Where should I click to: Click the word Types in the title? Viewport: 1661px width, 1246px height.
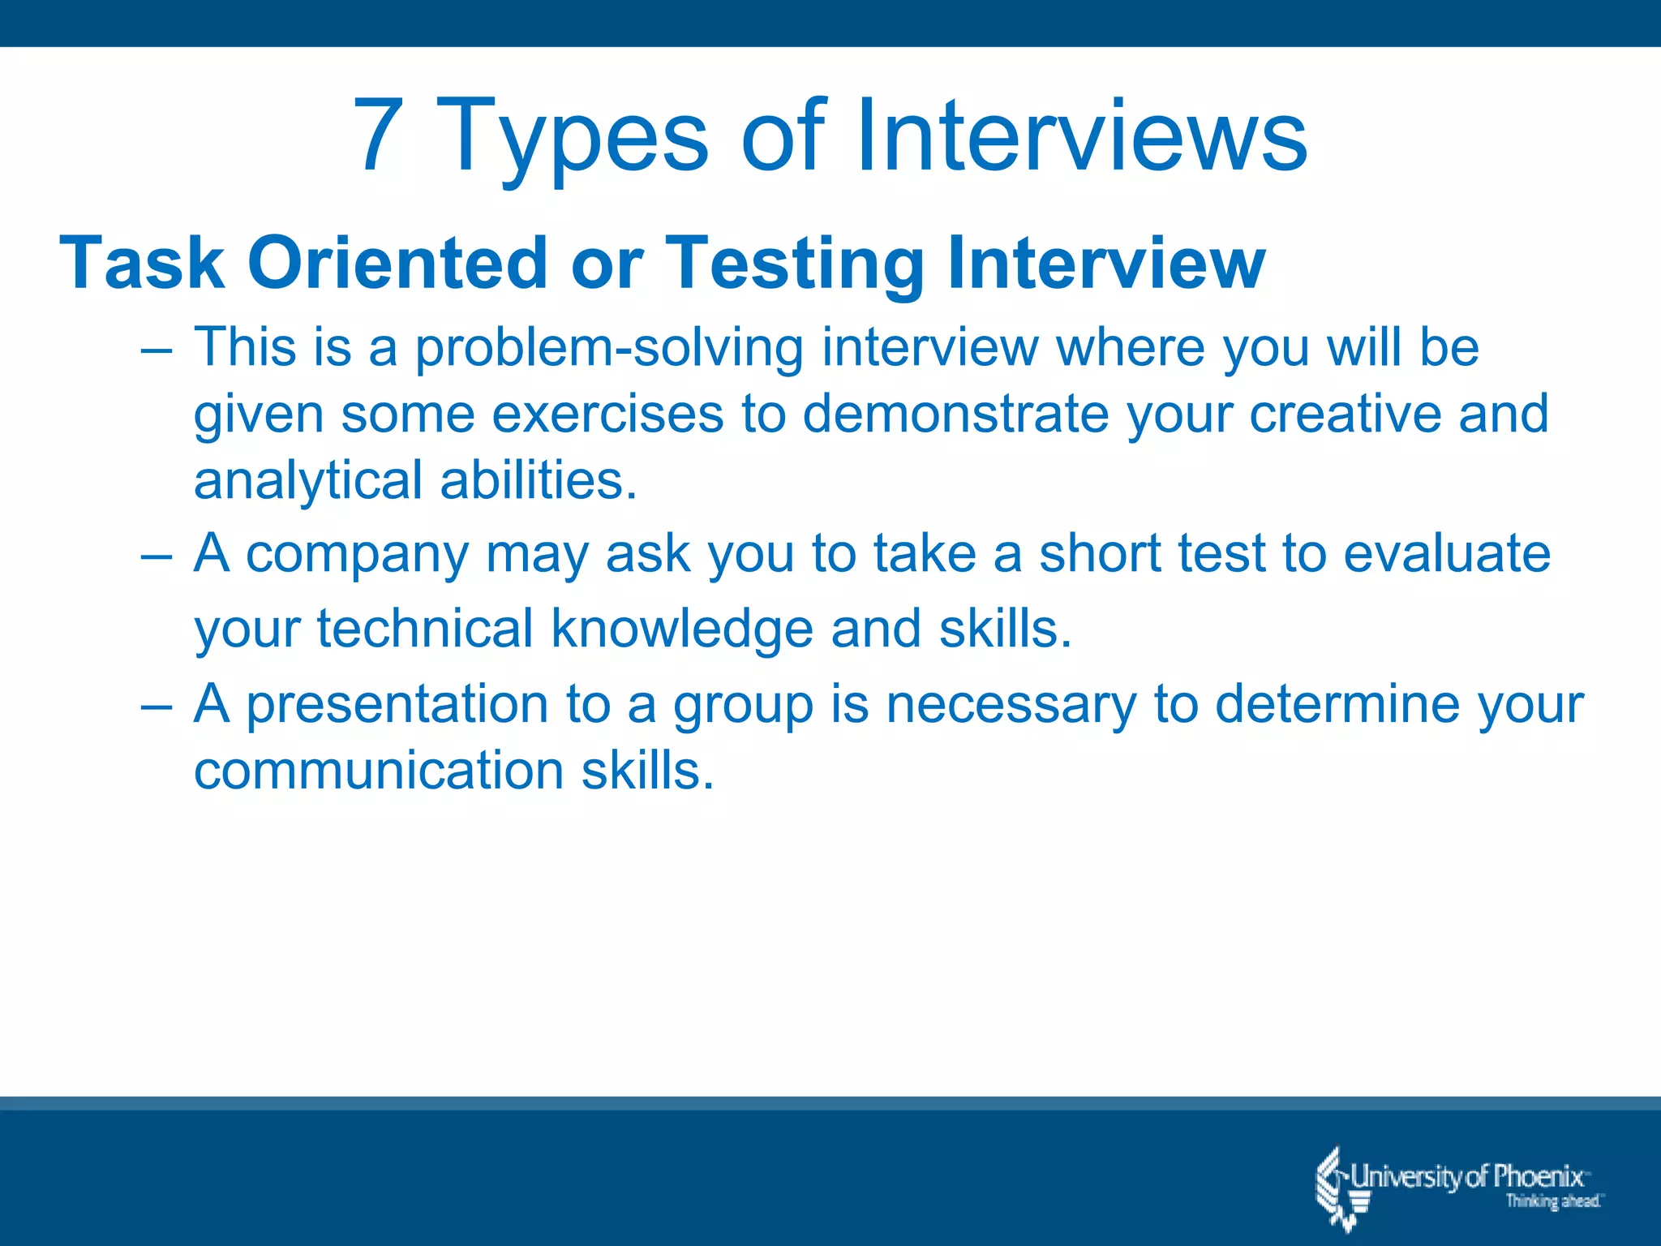(573, 138)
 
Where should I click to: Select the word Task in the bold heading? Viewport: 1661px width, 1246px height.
(142, 263)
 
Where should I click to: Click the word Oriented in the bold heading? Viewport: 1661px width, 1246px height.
(397, 263)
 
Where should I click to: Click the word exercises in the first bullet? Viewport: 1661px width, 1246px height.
(607, 414)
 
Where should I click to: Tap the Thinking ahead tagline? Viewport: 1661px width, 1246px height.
(1552, 1201)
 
